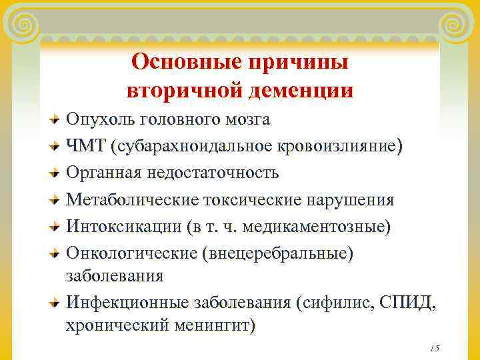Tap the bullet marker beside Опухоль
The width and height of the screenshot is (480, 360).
coord(56,121)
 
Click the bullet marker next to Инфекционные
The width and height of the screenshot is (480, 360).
coord(56,303)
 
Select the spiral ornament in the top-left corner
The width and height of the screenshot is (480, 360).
coord(24,25)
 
